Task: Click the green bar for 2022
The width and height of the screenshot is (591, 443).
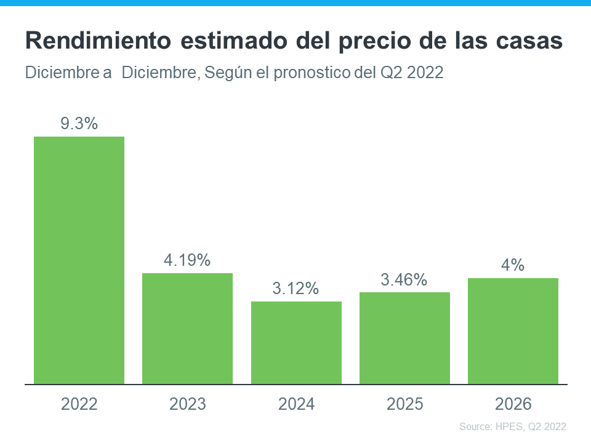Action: (79, 260)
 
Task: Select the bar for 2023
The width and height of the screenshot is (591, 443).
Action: (188, 329)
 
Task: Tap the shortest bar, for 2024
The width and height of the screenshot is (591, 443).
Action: (296, 343)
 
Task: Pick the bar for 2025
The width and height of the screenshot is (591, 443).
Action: (405, 338)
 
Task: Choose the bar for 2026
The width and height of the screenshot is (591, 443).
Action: (513, 331)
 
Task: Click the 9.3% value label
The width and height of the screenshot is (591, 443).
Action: (79, 124)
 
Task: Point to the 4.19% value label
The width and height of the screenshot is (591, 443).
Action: (187, 260)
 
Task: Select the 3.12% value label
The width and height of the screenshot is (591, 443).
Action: (296, 289)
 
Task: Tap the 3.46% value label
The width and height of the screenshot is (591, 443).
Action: (404, 280)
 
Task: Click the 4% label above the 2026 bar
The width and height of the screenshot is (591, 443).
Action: (513, 265)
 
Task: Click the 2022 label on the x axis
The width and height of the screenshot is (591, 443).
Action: (79, 404)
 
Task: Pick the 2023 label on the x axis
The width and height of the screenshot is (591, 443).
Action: (188, 404)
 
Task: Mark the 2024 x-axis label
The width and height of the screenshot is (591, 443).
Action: (296, 404)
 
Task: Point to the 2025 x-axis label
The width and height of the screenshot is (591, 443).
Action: (405, 404)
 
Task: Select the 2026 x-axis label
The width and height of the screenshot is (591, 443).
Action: (513, 404)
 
